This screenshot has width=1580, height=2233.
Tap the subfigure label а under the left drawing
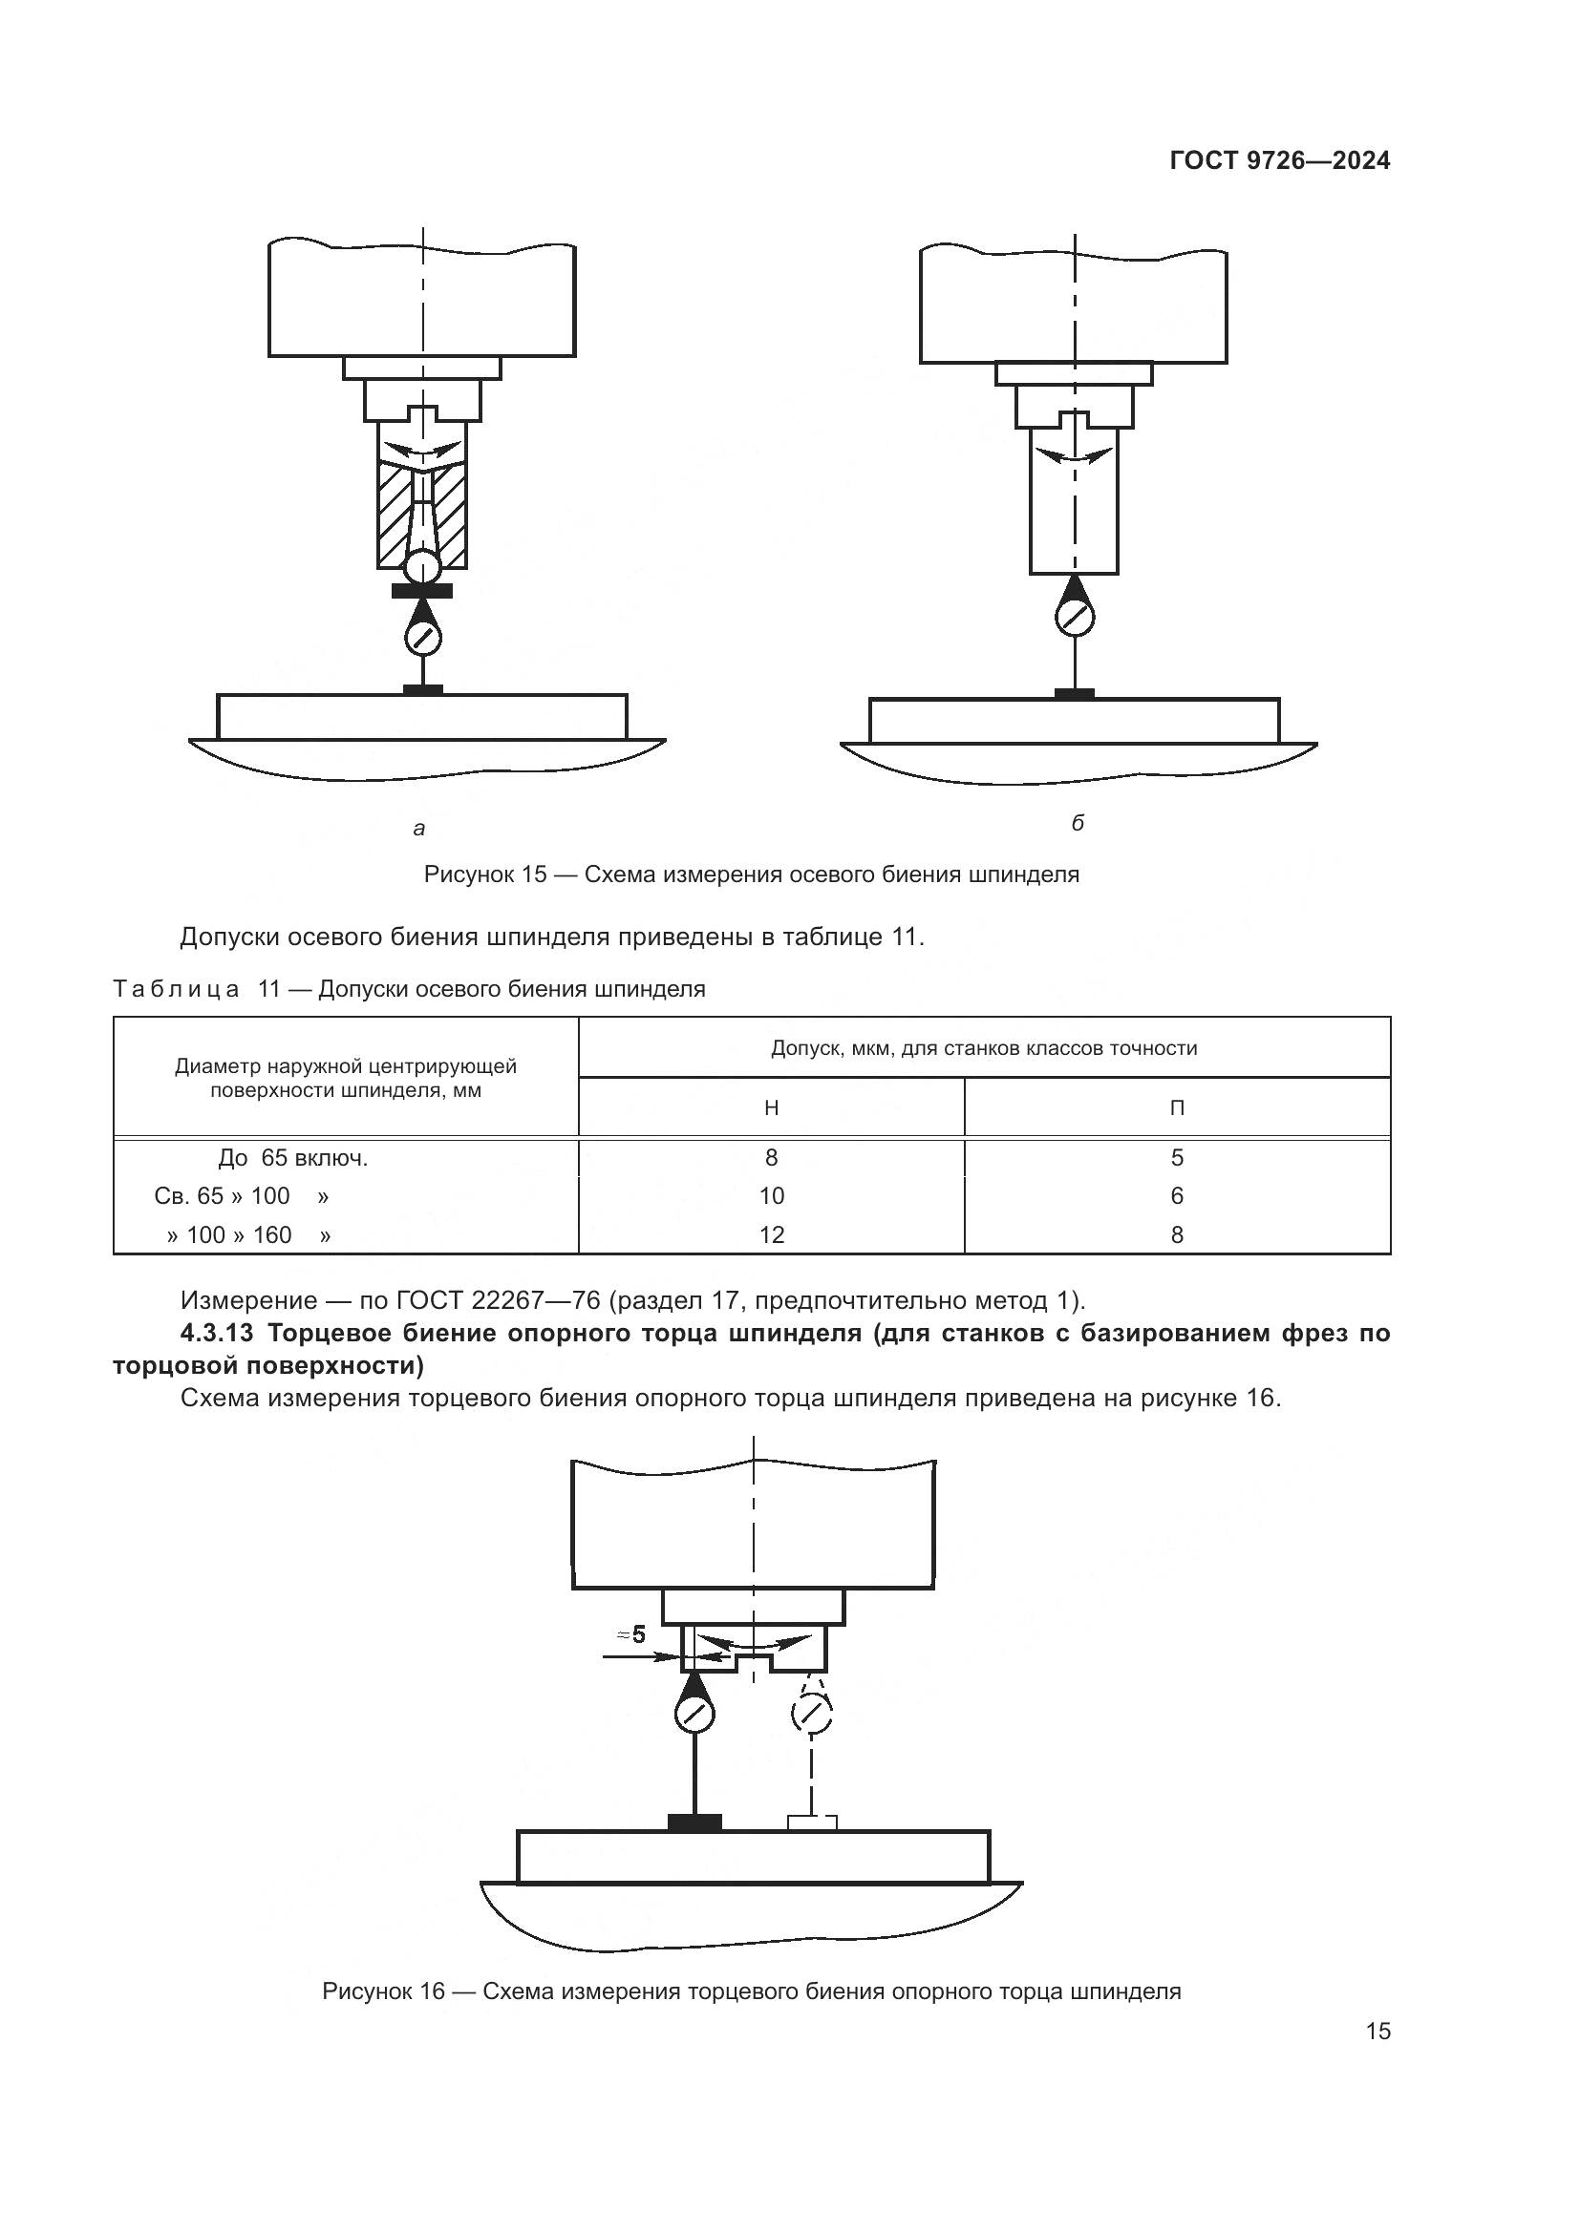(x=419, y=829)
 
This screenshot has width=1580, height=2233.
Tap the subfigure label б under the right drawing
(x=1077, y=823)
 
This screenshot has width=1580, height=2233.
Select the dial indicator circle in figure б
(x=1074, y=619)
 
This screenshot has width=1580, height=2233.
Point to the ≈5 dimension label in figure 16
(x=632, y=1634)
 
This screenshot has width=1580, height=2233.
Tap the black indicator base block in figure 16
(x=694, y=1822)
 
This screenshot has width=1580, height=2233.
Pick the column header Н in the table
(x=772, y=1107)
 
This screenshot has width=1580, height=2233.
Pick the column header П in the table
(x=1177, y=1107)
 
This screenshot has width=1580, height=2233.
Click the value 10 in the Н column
(x=772, y=1196)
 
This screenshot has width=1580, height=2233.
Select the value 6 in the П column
(x=1177, y=1196)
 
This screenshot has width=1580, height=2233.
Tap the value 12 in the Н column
(x=772, y=1235)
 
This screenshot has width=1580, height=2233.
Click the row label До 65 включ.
(x=293, y=1158)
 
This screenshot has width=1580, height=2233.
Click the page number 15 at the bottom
(x=1377, y=2032)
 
